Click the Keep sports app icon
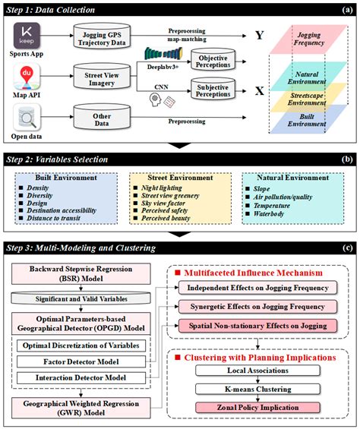(x=27, y=36)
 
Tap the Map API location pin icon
(x=27, y=79)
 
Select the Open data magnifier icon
(x=27, y=120)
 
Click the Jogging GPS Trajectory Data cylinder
(x=106, y=37)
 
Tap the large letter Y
(x=259, y=35)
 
